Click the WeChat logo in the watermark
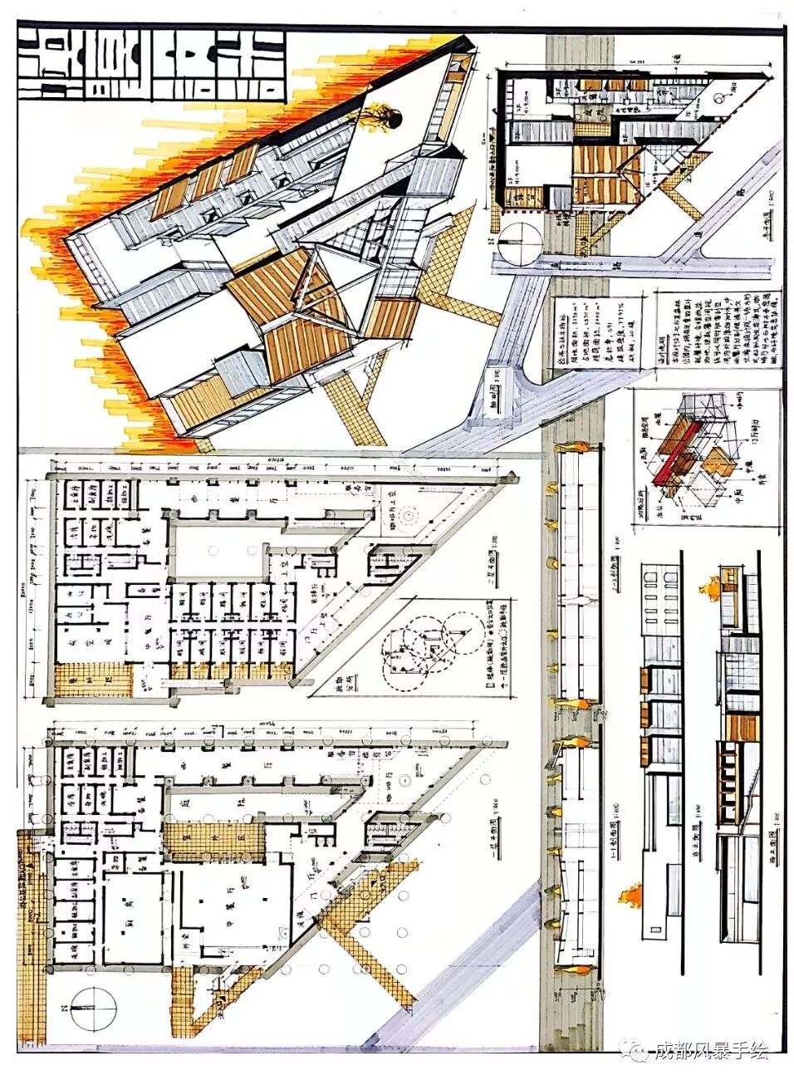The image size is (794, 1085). tap(639, 1052)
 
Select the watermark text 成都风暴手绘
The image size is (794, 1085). tap(710, 1052)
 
